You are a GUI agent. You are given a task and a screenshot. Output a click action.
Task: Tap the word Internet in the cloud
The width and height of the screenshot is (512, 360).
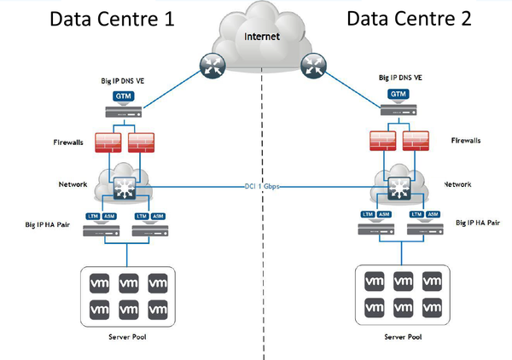261,38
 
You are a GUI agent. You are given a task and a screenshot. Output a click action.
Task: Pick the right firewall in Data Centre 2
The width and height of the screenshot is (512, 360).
417,142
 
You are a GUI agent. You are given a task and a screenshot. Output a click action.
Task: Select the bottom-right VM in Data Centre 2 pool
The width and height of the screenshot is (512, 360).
432,305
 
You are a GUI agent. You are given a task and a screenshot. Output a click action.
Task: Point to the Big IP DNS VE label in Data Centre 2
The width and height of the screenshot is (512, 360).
398,78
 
